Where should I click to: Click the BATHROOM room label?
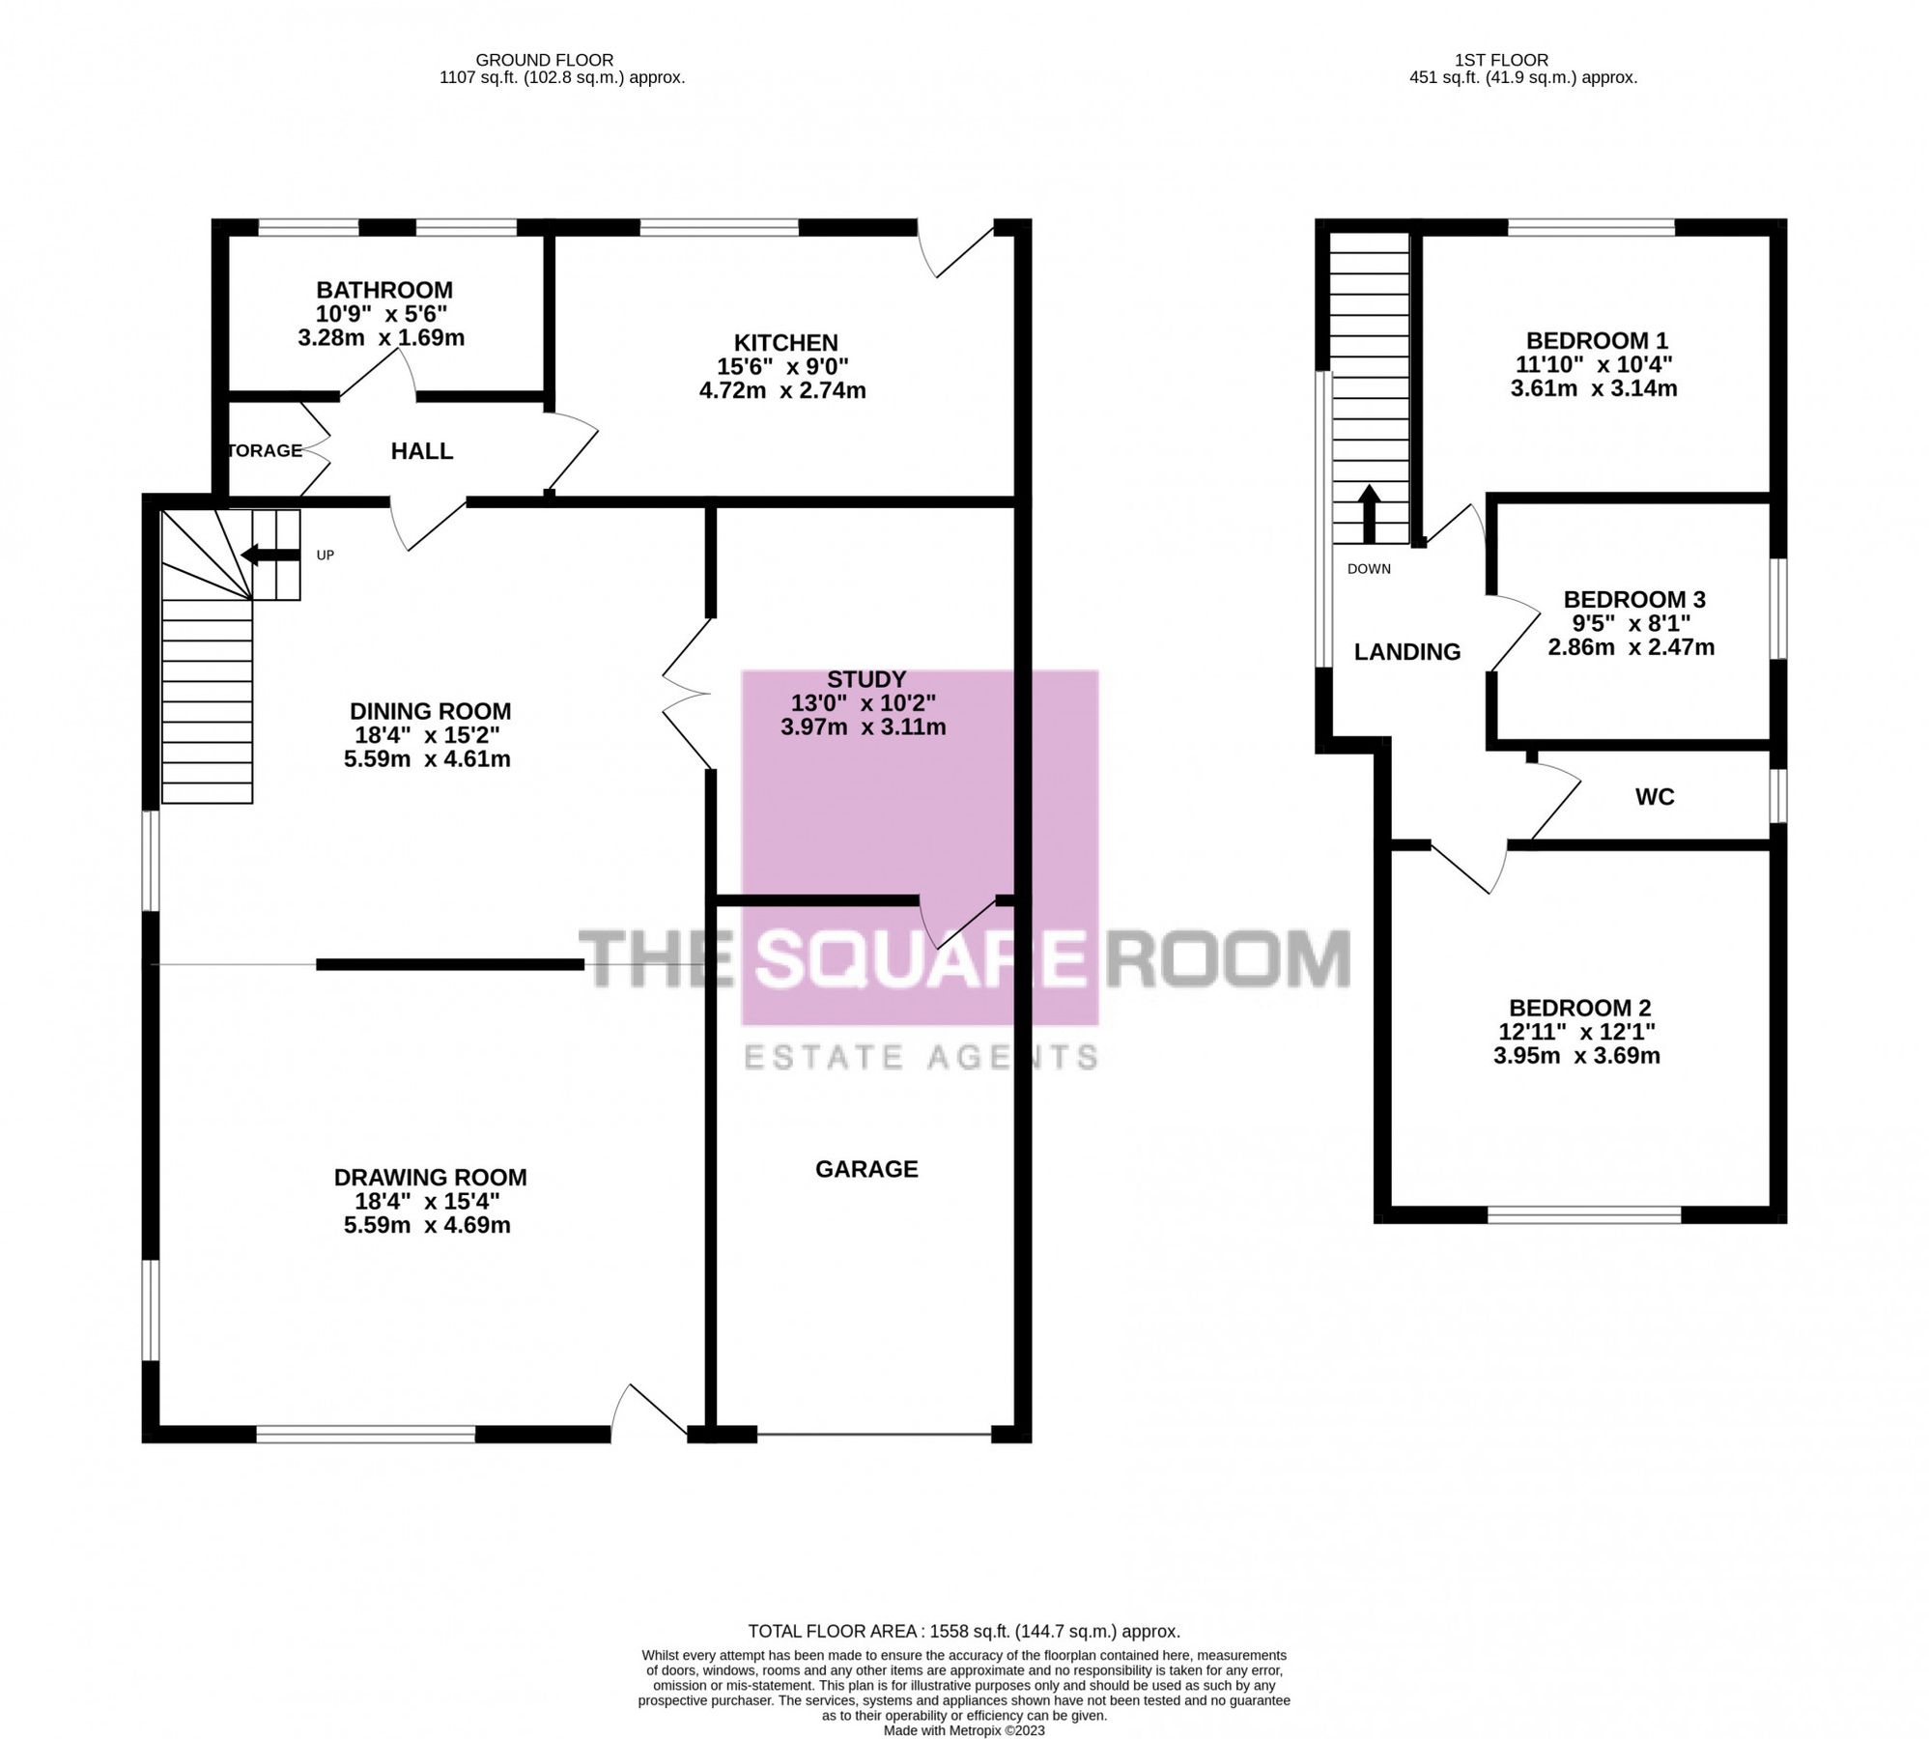pyautogui.click(x=384, y=290)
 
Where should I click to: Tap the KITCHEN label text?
pyautogui.click(x=785, y=343)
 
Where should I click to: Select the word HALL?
pyautogui.click(x=422, y=451)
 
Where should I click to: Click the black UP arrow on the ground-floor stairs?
pyautogui.click(x=270, y=555)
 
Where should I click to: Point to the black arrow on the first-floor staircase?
pyautogui.click(x=1369, y=514)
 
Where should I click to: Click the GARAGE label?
pyautogui.click(x=866, y=1169)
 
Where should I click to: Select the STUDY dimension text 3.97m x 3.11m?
pyautogui.click(x=864, y=727)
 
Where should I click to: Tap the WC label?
pyautogui.click(x=1655, y=797)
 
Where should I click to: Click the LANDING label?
pyautogui.click(x=1406, y=652)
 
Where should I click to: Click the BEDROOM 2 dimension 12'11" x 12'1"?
pyautogui.click(x=1576, y=1032)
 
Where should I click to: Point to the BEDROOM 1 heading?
pyautogui.click(x=1597, y=340)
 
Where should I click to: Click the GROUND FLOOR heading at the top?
pyautogui.click(x=544, y=60)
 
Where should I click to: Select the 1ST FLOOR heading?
pyautogui.click(x=1501, y=60)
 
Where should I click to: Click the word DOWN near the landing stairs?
pyautogui.click(x=1369, y=569)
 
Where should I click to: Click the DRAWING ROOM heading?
pyautogui.click(x=430, y=1178)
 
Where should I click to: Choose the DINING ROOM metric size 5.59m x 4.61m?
pyautogui.click(x=427, y=758)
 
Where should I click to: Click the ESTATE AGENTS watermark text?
pyautogui.click(x=921, y=1057)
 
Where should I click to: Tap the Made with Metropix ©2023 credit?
pyautogui.click(x=963, y=1730)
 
